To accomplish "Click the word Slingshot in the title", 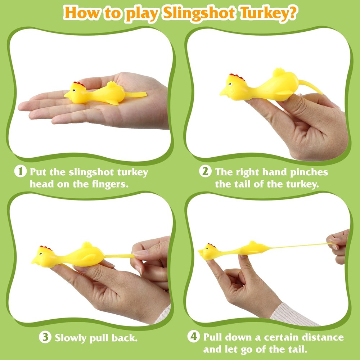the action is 199,13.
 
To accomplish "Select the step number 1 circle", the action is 21,171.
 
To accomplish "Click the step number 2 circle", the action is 205,171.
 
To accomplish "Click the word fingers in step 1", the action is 110,184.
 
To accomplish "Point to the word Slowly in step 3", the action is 71,338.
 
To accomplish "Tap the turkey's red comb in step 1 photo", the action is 79,84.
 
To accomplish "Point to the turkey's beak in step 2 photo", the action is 224,92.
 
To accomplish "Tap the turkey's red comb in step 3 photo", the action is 46,248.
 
